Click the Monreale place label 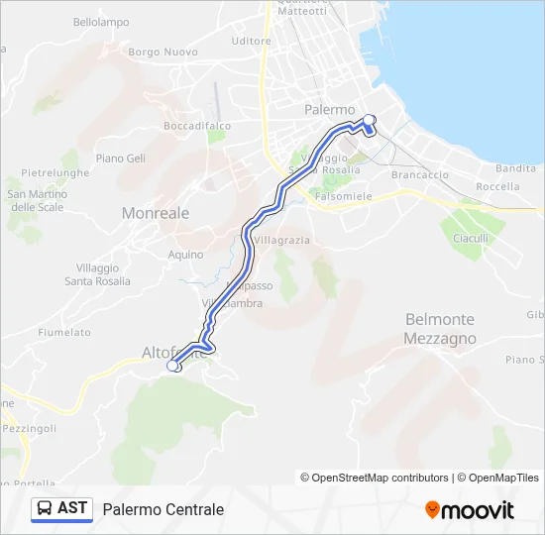(155, 213)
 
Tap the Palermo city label (330, 110)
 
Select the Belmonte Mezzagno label (440, 329)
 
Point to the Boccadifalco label (197, 126)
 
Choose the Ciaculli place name (471, 239)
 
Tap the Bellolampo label (101, 22)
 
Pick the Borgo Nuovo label (163, 52)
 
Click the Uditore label (250, 41)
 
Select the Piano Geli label (121, 159)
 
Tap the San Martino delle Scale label (36, 200)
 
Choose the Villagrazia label (281, 241)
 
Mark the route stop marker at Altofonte (172, 367)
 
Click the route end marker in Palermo (370, 121)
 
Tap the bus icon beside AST (45, 508)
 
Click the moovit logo (470, 510)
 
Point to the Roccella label (497, 186)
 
